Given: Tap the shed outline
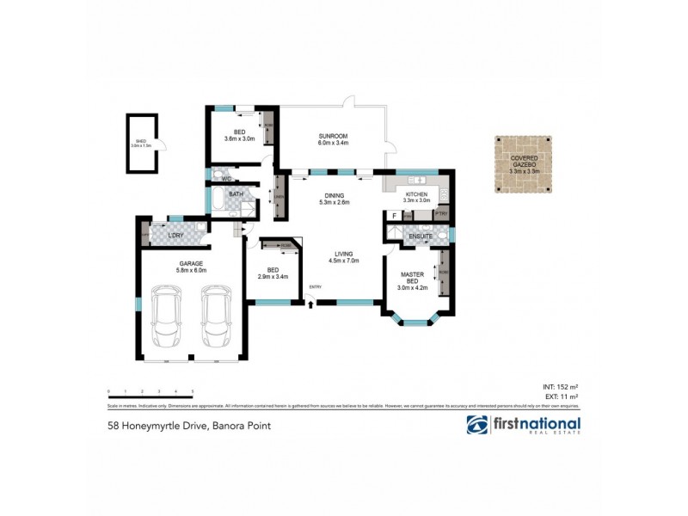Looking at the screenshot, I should point(141,143).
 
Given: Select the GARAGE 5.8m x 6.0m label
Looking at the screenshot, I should point(191,267).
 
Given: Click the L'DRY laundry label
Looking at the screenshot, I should point(176,236).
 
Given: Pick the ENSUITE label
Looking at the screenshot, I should point(421,235).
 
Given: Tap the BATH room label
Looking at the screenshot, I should point(236,195).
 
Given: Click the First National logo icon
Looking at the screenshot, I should point(477,425).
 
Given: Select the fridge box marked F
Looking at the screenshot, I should point(393,214).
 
